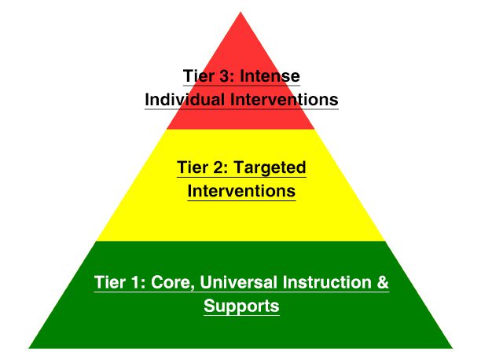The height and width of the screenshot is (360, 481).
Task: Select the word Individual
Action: click(183, 100)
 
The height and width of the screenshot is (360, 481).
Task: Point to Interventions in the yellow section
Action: click(241, 190)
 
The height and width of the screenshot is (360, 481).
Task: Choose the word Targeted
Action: click(270, 167)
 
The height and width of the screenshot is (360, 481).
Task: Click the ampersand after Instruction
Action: click(383, 282)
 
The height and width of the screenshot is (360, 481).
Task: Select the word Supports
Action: click(241, 306)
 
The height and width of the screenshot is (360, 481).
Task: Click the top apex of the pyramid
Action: click(240, 12)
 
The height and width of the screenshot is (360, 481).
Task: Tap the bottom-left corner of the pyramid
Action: click(30, 347)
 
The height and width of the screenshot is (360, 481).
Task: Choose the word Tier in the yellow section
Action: click(192, 167)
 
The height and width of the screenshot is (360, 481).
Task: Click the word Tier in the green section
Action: click(109, 282)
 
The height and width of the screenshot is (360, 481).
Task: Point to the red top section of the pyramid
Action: click(240, 47)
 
